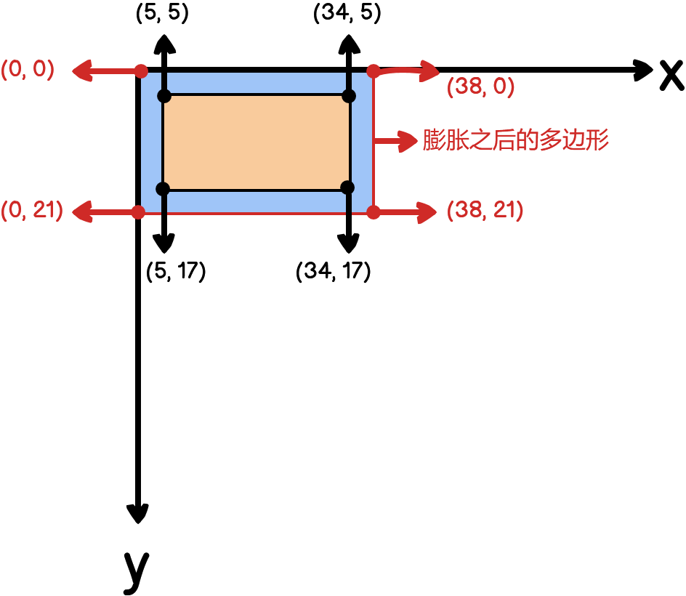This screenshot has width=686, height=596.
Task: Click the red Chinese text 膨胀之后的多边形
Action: (x=516, y=140)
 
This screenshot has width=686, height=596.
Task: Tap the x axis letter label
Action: (x=671, y=74)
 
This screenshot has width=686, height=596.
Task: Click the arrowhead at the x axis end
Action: (x=644, y=70)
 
